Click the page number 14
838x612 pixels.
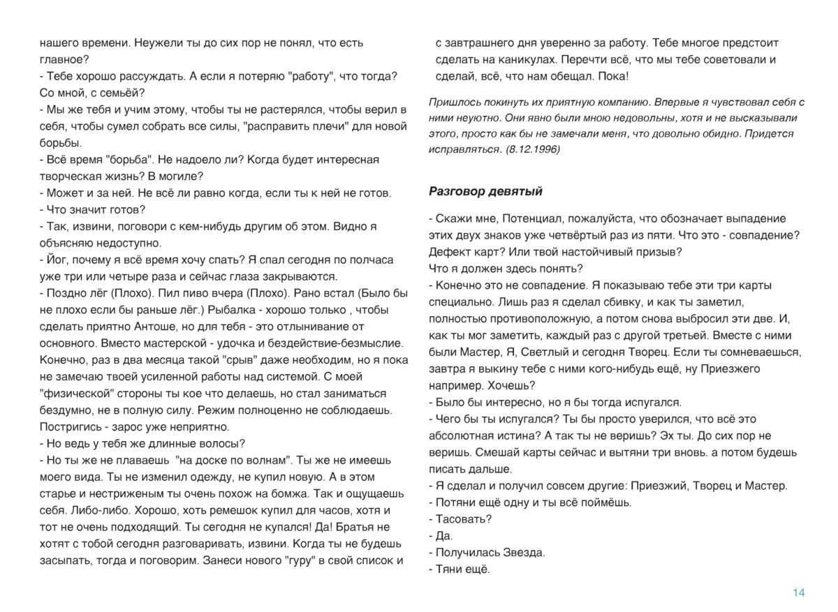(798, 593)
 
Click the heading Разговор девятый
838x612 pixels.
(485, 191)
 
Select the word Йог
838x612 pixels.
(57, 260)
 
